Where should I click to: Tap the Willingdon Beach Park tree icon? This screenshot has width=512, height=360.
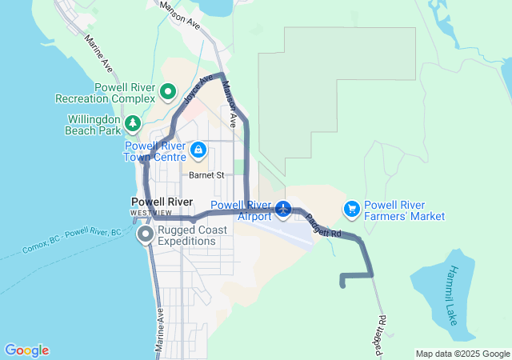click(x=133, y=124)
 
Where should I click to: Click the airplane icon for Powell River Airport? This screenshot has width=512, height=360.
click(x=283, y=210)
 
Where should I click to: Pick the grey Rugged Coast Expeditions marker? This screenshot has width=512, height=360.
click(x=146, y=234)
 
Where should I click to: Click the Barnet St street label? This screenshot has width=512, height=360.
click(x=206, y=174)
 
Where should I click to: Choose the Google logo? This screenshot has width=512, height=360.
click(x=26, y=350)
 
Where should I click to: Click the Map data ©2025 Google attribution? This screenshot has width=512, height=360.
click(x=462, y=354)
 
